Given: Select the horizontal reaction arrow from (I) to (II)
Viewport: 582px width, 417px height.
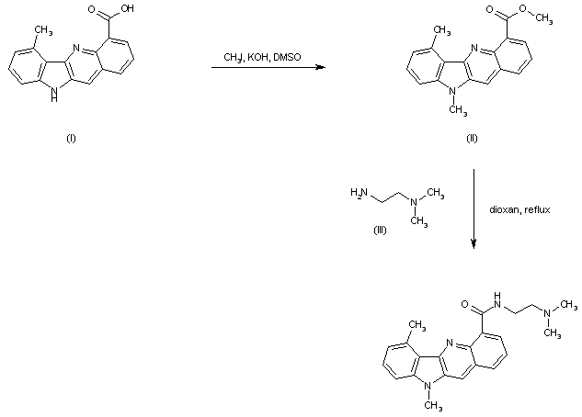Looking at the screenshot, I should coord(267,67).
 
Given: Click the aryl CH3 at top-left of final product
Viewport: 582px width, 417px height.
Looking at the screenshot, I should coord(417,324).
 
